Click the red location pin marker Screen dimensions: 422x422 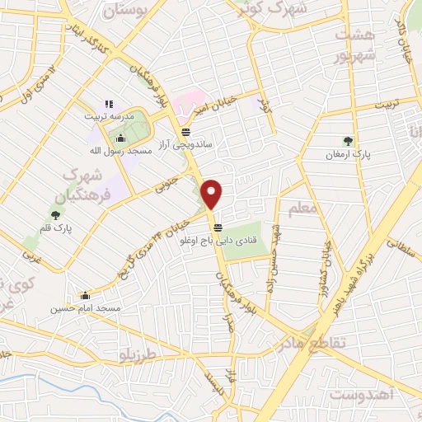tap(213, 195)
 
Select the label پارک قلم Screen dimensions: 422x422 tap(56, 228)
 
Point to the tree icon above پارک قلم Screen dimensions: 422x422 tap(56, 214)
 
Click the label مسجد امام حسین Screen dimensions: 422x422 tap(85, 308)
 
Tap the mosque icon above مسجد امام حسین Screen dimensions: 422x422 tap(85, 295)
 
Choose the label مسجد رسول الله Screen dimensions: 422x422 tap(122, 152)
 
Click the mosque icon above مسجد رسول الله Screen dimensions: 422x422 tap(122, 138)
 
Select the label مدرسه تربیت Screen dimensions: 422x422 tap(108, 116)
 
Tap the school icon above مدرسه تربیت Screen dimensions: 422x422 tap(108, 104)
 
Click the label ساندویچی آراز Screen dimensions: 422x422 tap(186, 144)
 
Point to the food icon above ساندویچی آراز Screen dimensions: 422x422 tap(186, 131)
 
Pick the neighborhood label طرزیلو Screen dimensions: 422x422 tap(136, 356)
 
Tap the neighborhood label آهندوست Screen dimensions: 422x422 tap(363, 395)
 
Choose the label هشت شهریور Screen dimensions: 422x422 tap(354, 47)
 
